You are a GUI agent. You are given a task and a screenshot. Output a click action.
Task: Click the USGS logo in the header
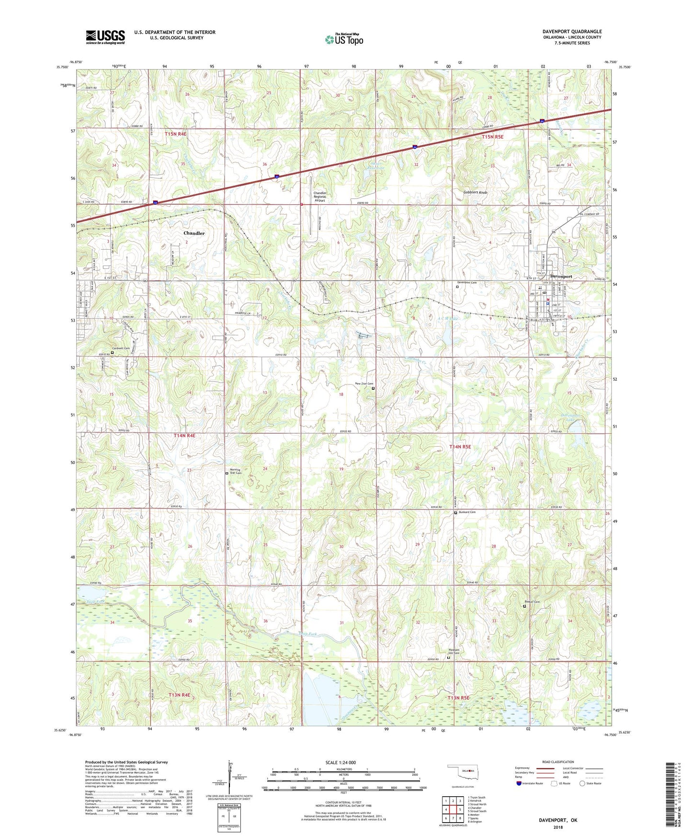pyautogui.click(x=105, y=37)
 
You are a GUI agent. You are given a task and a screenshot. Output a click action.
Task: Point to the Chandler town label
pyautogui.click(x=194, y=233)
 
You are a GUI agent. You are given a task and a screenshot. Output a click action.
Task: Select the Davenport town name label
pyautogui.click(x=561, y=277)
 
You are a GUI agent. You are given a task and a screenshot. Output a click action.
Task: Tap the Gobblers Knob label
pyautogui.click(x=475, y=192)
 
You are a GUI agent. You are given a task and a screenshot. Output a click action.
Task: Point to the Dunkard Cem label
pyautogui.click(x=465, y=512)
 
